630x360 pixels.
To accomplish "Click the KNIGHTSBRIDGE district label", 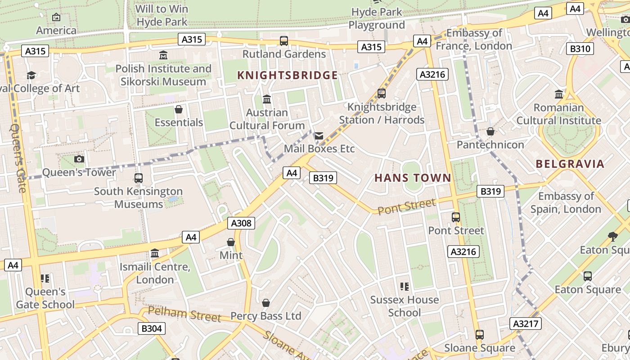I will tap(287, 75).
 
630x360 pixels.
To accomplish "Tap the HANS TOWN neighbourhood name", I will tap(413, 178).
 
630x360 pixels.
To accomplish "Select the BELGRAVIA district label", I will tap(570, 164).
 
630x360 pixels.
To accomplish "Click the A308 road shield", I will tap(242, 223).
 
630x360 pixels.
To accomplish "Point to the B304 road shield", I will tap(151, 328).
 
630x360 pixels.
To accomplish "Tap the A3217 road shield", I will tap(526, 324).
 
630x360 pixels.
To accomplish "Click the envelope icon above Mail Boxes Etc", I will tap(319, 135).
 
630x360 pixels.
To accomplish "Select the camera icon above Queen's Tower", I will tap(79, 159).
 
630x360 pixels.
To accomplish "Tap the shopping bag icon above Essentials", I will tap(179, 109).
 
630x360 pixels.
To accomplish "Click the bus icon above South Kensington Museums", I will tap(138, 178).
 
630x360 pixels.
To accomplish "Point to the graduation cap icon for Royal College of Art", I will tap(31, 75).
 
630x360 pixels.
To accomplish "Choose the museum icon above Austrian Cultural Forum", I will tap(267, 99).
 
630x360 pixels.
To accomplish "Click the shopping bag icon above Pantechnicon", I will tap(490, 131).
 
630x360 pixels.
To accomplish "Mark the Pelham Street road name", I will tap(184, 314).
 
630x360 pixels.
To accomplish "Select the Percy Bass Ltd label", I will tap(265, 316).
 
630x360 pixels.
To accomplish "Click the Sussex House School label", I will tap(404, 306).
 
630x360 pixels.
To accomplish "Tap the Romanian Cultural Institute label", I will tap(558, 114).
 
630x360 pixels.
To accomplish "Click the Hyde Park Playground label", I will tap(377, 18).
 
